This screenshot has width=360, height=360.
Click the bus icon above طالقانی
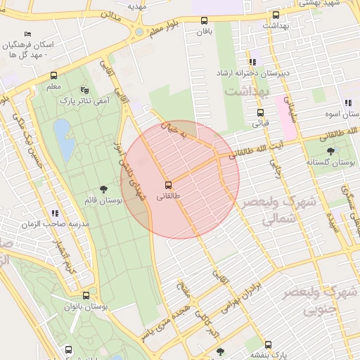point(167,186)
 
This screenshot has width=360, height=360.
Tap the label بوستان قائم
point(103,200)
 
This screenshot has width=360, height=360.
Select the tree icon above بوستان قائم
point(104,188)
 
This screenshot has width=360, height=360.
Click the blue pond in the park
point(64,139)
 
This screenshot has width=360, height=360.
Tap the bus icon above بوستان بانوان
point(86,296)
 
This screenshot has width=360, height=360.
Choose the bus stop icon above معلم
point(53,76)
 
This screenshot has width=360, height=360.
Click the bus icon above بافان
point(205,21)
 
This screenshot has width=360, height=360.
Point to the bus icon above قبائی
point(260,112)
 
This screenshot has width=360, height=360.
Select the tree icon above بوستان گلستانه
point(330,150)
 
